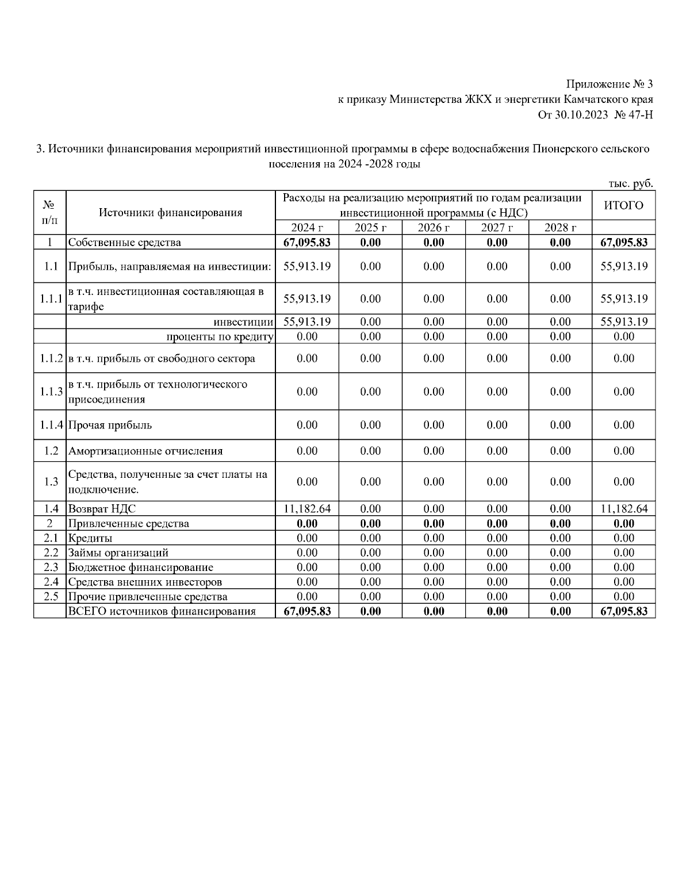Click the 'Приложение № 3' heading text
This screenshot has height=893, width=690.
(x=609, y=85)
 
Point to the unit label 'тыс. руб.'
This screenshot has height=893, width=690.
(x=631, y=183)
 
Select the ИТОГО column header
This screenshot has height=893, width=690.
(x=623, y=205)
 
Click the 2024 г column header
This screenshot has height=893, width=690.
(x=307, y=227)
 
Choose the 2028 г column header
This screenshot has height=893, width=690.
(x=560, y=227)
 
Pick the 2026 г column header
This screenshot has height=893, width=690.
(x=434, y=227)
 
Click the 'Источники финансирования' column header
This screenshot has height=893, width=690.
(x=170, y=212)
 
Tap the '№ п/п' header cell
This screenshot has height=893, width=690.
(x=49, y=212)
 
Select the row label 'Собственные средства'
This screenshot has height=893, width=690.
(x=125, y=242)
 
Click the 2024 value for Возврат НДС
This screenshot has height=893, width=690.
(x=307, y=508)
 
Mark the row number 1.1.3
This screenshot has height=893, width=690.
(x=51, y=392)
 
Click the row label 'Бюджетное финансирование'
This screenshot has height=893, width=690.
(x=141, y=568)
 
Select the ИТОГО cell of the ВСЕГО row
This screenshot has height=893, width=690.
(x=623, y=611)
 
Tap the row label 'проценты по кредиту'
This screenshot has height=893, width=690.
(x=220, y=336)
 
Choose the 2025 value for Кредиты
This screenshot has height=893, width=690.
(x=370, y=538)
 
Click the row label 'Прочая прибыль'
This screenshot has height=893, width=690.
(x=110, y=425)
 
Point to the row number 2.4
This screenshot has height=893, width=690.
(x=51, y=582)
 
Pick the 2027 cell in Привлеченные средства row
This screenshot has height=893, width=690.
(x=497, y=523)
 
